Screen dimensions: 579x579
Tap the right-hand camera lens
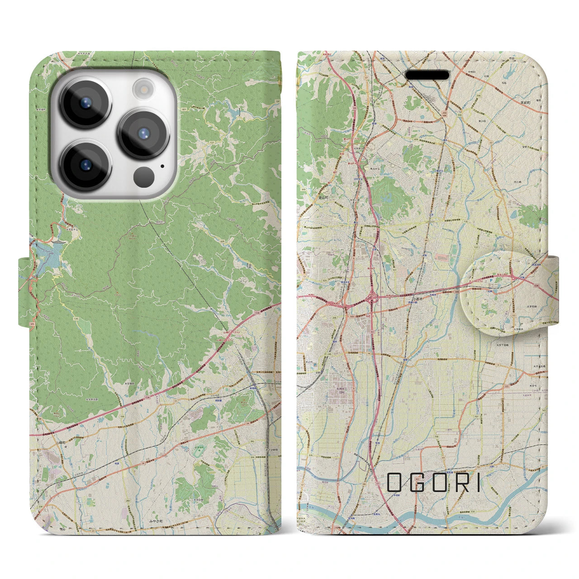tap(143, 133)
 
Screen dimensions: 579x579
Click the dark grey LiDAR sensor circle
tap(144, 175)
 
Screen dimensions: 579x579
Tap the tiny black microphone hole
tap(162, 166)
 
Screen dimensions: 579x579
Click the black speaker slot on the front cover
tap(427, 75)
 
